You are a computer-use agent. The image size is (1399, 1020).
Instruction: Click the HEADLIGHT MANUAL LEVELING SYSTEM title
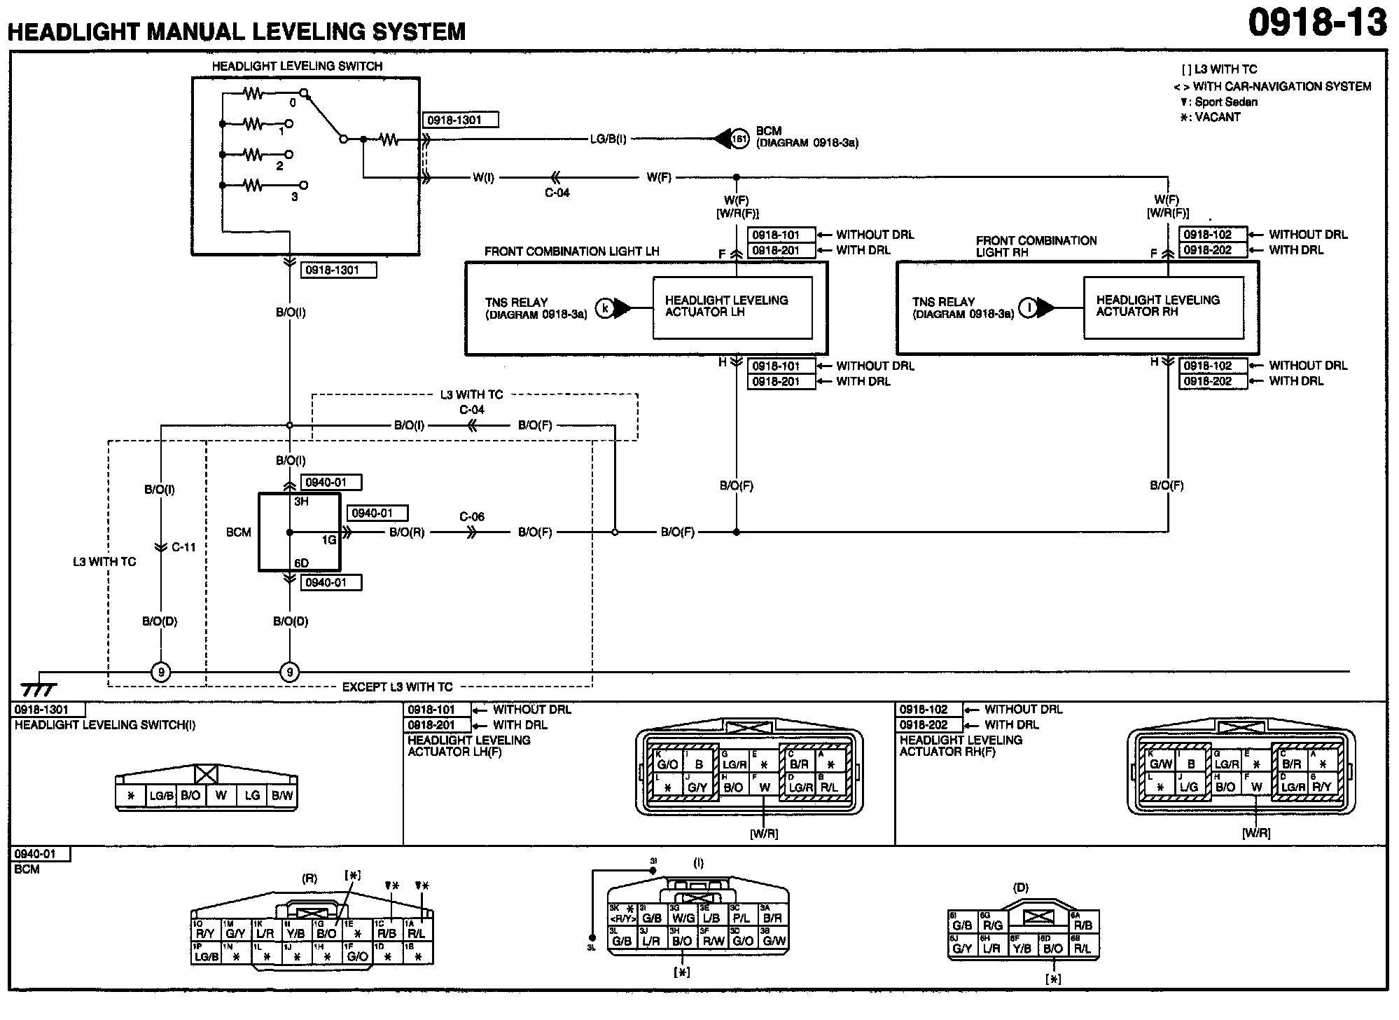[x=237, y=31]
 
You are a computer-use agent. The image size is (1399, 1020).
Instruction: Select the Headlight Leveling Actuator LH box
[x=732, y=307]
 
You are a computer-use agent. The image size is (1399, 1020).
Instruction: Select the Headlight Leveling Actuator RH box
[x=1163, y=307]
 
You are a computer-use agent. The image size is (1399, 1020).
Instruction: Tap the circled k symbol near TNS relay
[x=605, y=308]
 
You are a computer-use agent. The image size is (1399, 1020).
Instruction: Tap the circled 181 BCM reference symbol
[x=739, y=139]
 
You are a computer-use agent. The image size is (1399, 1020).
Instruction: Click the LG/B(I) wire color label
[x=608, y=139]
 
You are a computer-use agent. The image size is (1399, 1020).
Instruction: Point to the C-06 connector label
[x=472, y=517]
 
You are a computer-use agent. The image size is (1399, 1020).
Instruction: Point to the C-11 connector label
[x=183, y=547]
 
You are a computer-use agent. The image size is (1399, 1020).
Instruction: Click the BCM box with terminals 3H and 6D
[x=300, y=532]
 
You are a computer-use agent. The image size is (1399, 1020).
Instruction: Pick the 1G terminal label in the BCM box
[x=329, y=540]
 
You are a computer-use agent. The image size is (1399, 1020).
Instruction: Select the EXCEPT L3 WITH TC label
[x=397, y=687]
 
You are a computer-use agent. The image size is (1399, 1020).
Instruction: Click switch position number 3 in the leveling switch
[x=294, y=198]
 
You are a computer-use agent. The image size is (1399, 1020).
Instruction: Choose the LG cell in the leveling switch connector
[x=252, y=795]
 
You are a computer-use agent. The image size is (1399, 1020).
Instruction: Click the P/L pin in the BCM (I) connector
[x=742, y=918]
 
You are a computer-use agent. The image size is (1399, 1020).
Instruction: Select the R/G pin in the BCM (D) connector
[x=994, y=925]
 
